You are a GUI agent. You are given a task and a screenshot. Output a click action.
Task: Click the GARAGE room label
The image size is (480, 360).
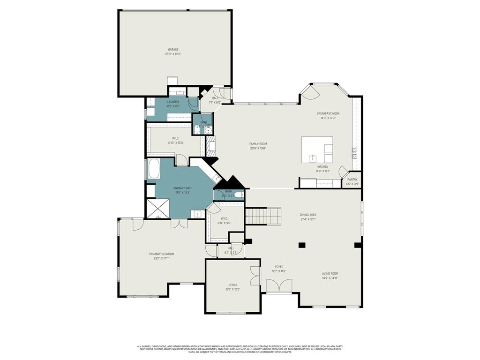[173, 50]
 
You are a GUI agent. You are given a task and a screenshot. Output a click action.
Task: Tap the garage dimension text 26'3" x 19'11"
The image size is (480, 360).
[173, 54]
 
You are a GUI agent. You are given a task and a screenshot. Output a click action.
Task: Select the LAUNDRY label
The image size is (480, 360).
[173, 102]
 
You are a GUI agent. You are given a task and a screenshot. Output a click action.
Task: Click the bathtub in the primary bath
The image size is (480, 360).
[154, 169]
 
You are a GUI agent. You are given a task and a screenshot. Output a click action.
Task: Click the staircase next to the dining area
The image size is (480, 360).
[263, 216]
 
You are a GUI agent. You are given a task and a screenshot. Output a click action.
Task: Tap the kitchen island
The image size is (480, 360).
[317, 150]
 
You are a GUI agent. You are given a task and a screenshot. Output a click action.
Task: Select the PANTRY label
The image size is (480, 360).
[352, 180]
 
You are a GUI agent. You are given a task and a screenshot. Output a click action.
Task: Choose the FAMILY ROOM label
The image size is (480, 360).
[258, 144]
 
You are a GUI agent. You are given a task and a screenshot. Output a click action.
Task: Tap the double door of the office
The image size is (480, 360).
[255, 276]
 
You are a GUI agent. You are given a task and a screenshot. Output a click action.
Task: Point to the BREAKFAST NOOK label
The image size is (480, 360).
[328, 113]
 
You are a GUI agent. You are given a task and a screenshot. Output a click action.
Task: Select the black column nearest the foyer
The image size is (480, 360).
[302, 245]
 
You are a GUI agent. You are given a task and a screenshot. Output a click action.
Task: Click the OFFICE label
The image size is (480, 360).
[232, 285]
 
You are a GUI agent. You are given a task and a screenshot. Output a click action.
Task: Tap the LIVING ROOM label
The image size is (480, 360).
[330, 274]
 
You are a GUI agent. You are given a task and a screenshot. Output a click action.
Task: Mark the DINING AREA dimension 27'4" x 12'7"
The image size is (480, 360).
[308, 219]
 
